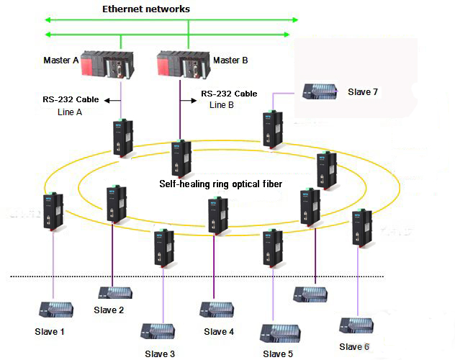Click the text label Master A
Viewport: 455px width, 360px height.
tap(60, 60)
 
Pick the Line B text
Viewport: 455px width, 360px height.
tap(222, 105)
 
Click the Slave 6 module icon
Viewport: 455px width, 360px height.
tap(356, 325)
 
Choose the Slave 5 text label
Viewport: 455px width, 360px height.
tap(278, 354)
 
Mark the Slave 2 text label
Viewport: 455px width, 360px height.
tap(109, 310)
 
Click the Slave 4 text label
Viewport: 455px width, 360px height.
tap(219, 332)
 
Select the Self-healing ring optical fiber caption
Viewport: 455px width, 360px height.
tap(220, 184)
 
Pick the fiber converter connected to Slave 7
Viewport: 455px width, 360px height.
tap(271, 130)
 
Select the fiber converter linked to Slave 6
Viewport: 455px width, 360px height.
tap(358, 228)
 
